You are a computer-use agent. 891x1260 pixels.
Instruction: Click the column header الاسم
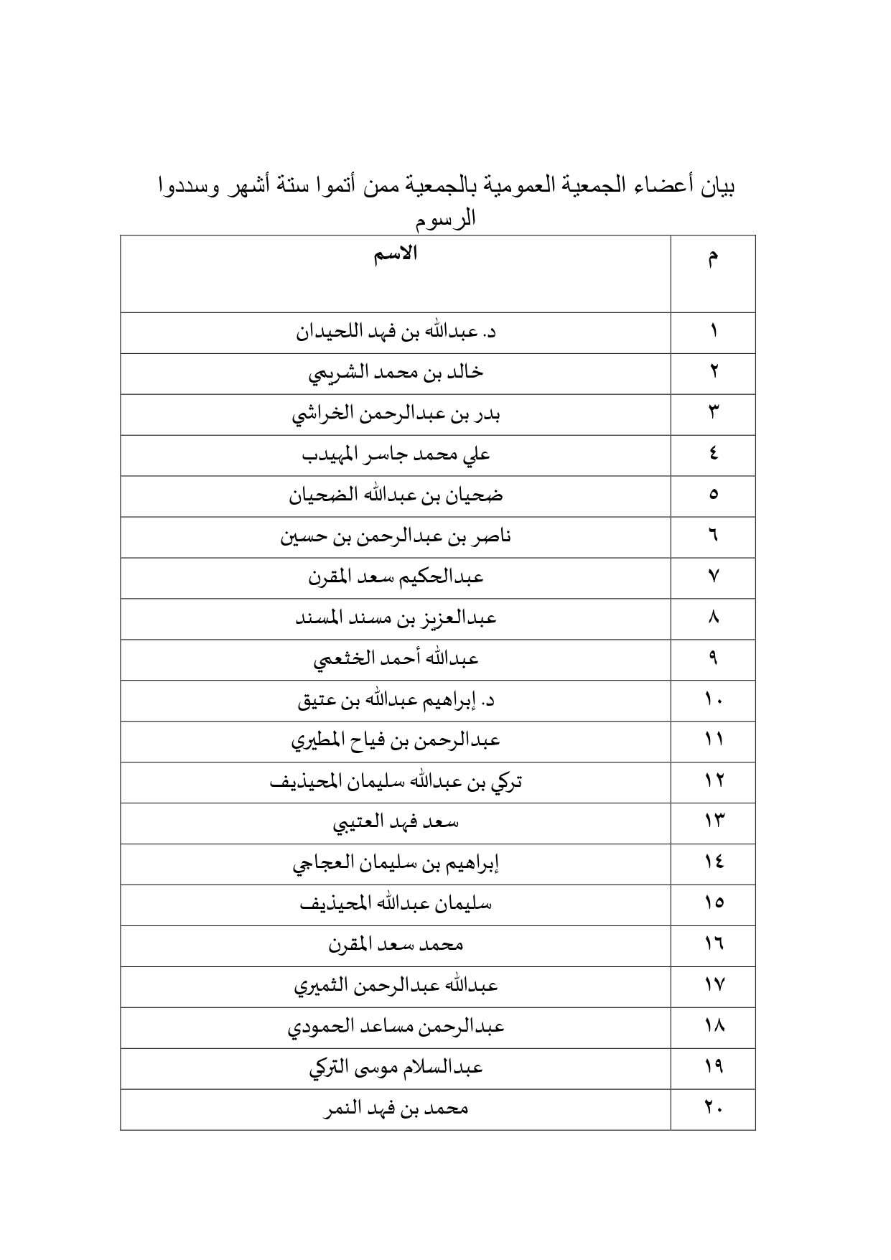point(396,255)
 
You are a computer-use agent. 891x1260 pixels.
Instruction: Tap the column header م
point(712,259)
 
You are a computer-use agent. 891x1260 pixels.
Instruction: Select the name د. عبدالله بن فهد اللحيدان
point(396,332)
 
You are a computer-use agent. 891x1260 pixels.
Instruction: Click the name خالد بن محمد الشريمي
point(396,373)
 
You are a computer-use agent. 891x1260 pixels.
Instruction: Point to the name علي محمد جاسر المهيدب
point(396,455)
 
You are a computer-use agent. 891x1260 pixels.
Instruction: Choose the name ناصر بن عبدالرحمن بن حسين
point(396,537)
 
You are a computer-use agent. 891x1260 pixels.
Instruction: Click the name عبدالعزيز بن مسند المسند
point(396,619)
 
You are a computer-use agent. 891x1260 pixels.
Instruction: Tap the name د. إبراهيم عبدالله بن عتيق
point(396,701)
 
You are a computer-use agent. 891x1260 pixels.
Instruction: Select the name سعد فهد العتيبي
point(396,823)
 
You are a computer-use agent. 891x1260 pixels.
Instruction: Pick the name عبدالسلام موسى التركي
point(396,1068)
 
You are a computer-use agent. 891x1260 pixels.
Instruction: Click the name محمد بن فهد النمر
point(396,1109)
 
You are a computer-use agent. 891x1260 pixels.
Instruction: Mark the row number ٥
point(713,496)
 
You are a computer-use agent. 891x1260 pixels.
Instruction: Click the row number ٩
point(713,660)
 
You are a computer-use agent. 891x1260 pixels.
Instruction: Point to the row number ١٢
point(713,782)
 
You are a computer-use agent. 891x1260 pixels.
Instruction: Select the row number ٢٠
point(713,1109)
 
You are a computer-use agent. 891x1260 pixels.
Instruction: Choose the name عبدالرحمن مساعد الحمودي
point(396,1027)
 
